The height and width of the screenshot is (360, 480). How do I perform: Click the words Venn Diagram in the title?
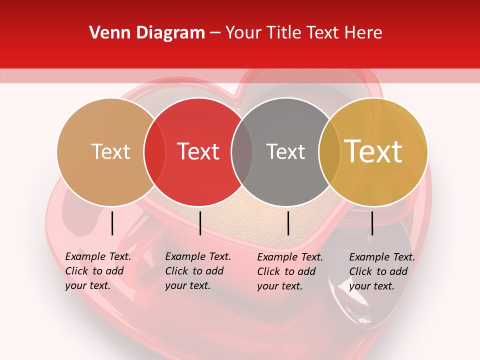click(x=147, y=32)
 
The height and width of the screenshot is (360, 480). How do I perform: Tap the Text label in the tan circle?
click(x=110, y=151)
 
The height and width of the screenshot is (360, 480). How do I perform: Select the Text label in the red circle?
click(x=198, y=151)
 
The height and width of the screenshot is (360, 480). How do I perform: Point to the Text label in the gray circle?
click(x=285, y=151)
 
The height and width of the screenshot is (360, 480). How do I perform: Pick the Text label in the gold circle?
click(x=373, y=151)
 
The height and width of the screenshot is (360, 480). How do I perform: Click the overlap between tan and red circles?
click(x=154, y=151)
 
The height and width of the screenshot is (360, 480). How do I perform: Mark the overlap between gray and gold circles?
click(x=328, y=151)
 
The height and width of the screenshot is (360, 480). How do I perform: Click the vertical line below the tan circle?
click(x=112, y=223)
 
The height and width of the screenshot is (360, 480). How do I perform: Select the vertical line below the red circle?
click(x=200, y=223)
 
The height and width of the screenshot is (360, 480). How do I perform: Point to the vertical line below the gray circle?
click(x=288, y=223)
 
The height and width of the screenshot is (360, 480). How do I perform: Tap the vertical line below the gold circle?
click(x=372, y=223)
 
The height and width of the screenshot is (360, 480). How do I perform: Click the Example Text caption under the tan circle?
click(x=97, y=271)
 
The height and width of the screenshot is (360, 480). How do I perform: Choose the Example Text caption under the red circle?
click(x=197, y=271)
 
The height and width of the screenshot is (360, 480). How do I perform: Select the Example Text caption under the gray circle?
click(x=289, y=271)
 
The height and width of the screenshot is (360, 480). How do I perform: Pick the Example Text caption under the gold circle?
click(x=381, y=271)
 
